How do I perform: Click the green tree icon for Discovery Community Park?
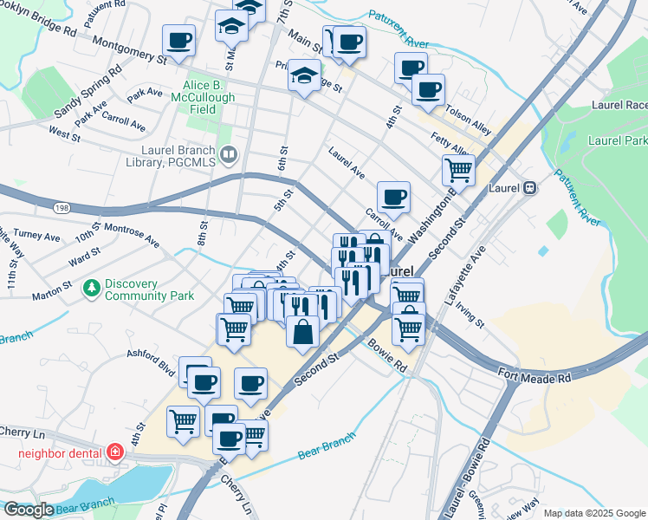pyautogui.click(x=91, y=286)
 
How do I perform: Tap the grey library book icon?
pyautogui.click(x=229, y=155)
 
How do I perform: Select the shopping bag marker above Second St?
pyautogui.click(x=301, y=332)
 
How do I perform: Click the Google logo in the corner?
pyautogui.click(x=29, y=510)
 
